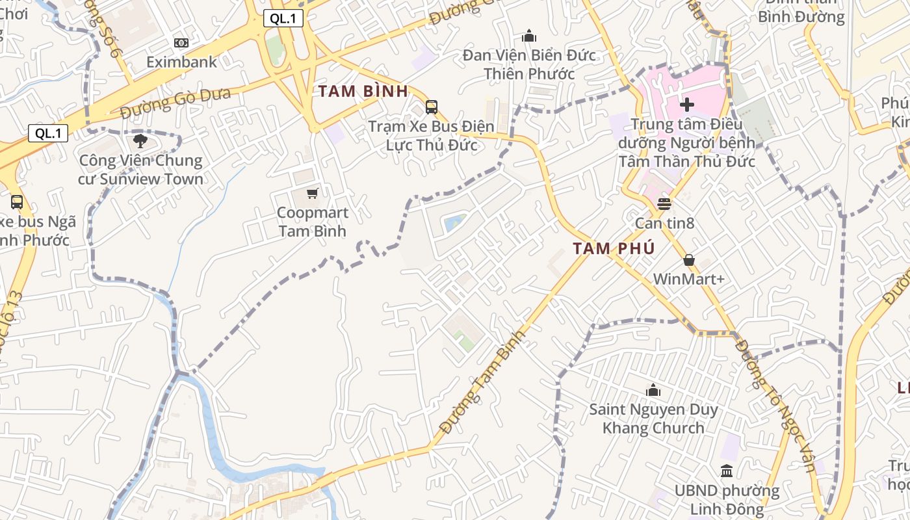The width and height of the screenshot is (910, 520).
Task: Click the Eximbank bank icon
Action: (181, 43)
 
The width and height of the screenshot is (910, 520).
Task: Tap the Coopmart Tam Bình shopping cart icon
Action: (313, 193)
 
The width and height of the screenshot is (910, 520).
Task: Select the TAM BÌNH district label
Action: (363, 91)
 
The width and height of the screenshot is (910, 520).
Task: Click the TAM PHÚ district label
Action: (614, 248)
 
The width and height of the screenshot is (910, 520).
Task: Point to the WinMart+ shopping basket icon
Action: (689, 261)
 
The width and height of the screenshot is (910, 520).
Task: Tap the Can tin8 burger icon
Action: (664, 203)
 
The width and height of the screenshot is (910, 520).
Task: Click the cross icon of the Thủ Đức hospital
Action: (687, 104)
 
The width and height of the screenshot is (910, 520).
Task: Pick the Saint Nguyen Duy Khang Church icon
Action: (653, 390)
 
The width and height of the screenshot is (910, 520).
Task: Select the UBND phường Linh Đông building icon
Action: (727, 471)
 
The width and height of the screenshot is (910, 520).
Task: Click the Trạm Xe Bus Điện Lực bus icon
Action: (431, 107)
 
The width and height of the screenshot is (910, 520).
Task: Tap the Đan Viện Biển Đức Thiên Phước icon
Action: (529, 36)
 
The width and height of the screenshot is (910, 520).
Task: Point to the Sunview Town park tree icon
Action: (140, 140)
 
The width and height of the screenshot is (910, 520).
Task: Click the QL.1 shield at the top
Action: (283, 18)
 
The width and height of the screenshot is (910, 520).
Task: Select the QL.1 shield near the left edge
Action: (48, 133)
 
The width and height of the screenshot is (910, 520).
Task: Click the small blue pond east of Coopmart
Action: (454, 223)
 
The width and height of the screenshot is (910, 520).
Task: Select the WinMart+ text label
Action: (688, 279)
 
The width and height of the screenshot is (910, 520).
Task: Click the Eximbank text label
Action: (181, 62)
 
